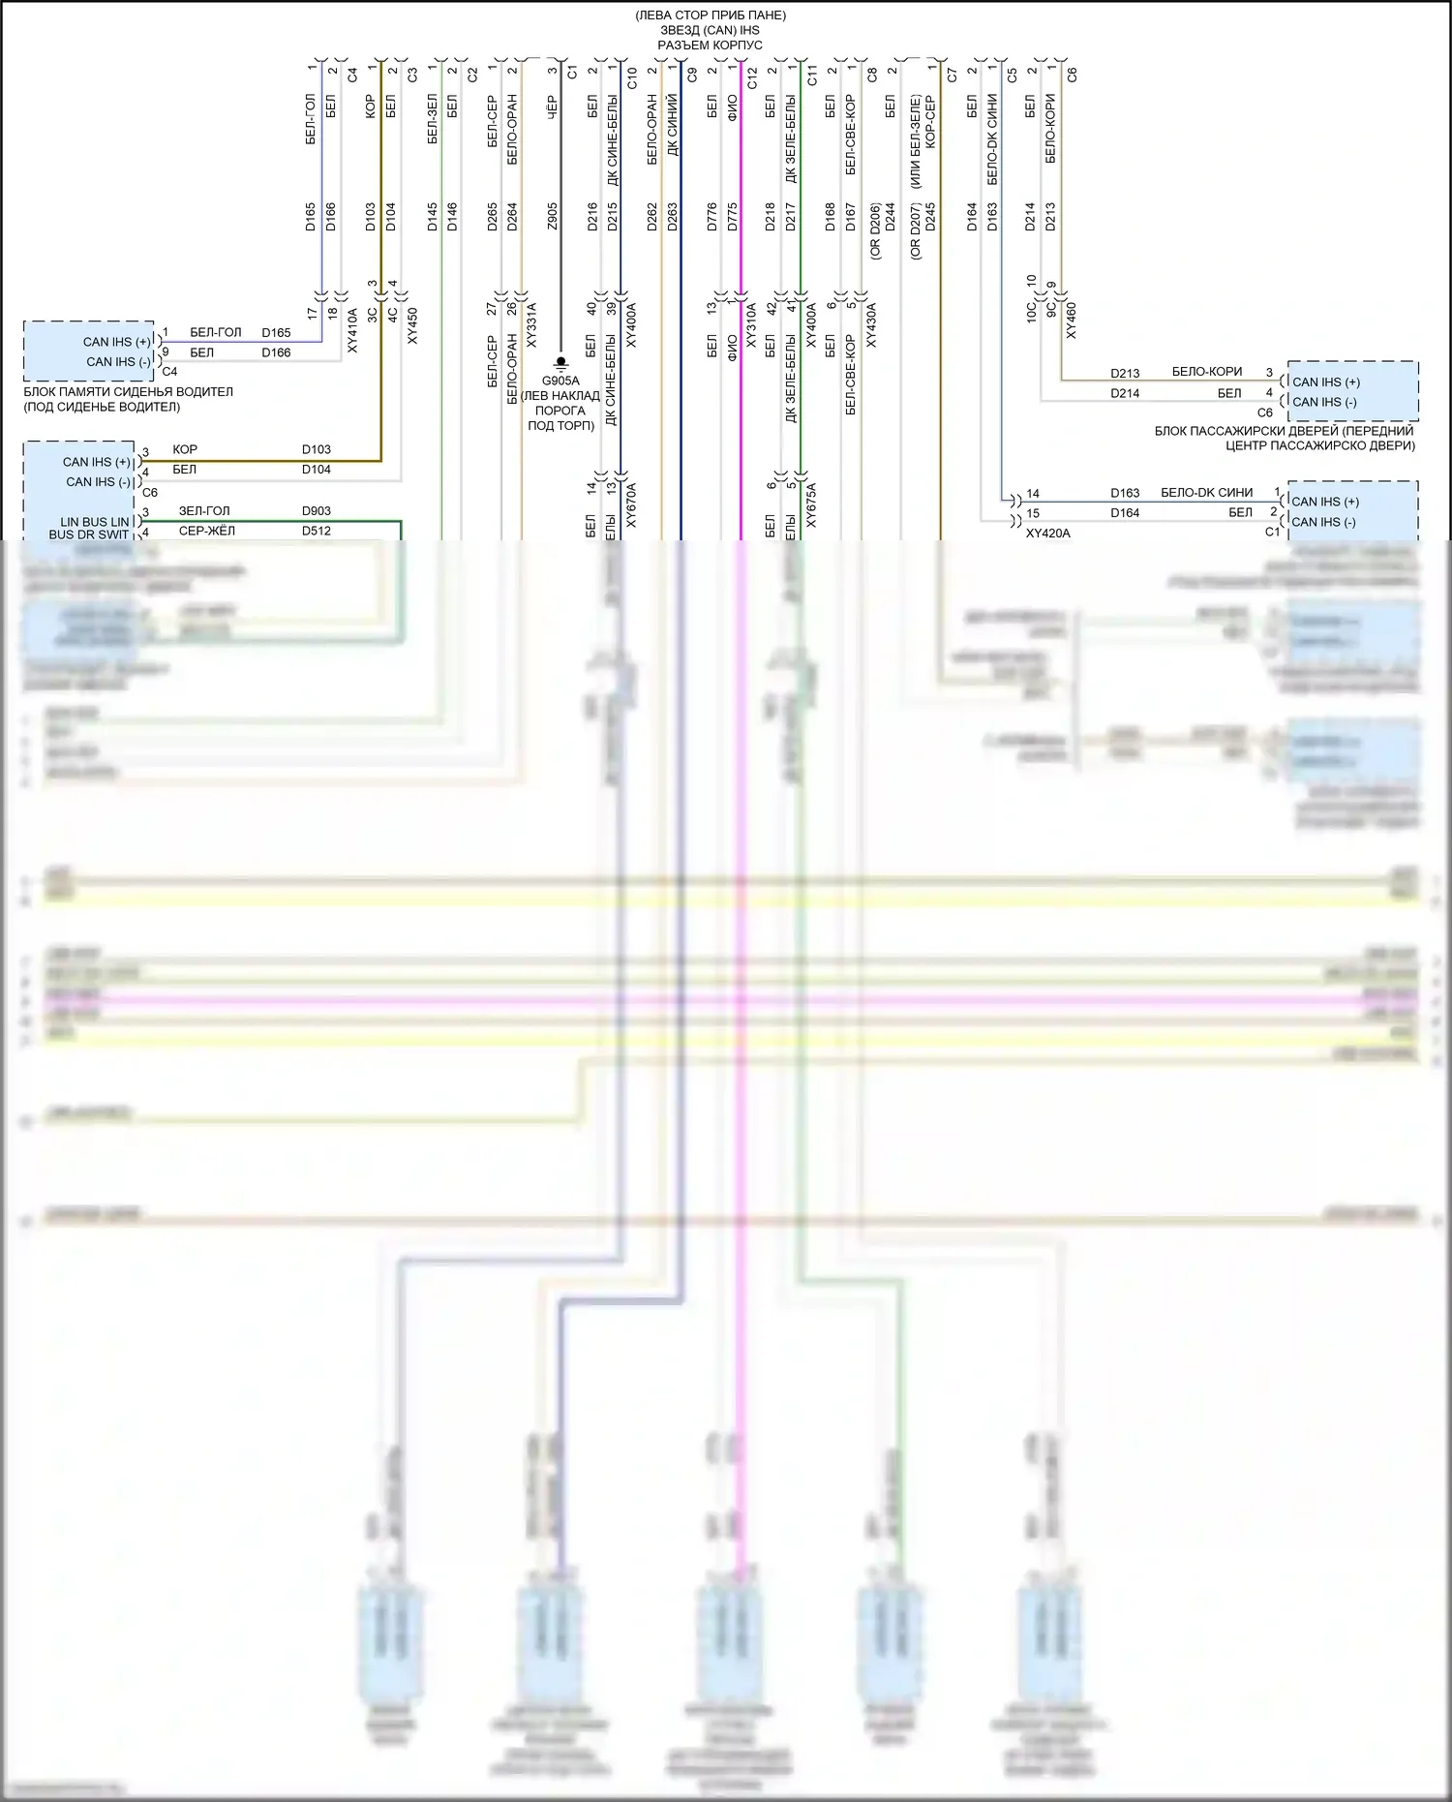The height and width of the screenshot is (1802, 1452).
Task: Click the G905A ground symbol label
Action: pos(560,381)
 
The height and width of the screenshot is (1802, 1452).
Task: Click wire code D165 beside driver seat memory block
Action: pos(276,332)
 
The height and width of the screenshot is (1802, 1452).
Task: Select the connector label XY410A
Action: pos(352,329)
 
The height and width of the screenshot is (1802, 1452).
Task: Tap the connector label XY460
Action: pos(1071,321)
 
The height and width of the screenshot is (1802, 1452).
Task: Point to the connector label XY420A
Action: pos(1048,533)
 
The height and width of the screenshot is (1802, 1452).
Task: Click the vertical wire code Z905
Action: pos(552,216)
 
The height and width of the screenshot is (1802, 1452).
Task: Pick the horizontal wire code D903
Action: pos(316,510)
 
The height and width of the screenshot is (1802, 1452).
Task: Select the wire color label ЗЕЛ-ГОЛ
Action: pos(204,510)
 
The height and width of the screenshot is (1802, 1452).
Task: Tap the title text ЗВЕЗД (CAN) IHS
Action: pos(710,30)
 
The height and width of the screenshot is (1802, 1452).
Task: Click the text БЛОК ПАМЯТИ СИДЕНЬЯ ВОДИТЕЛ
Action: pos(128,391)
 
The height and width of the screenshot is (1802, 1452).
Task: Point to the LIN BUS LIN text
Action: pos(94,521)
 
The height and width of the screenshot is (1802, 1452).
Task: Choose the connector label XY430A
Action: pos(871,324)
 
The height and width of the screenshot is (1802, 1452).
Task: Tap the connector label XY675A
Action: pos(811,505)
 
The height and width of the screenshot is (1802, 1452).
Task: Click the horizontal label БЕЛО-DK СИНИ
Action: pos(1206,492)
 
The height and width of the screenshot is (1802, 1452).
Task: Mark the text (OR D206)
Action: pos(875,230)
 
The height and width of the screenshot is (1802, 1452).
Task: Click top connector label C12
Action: pos(752,76)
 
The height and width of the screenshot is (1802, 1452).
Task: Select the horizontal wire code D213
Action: pos(1125,373)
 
